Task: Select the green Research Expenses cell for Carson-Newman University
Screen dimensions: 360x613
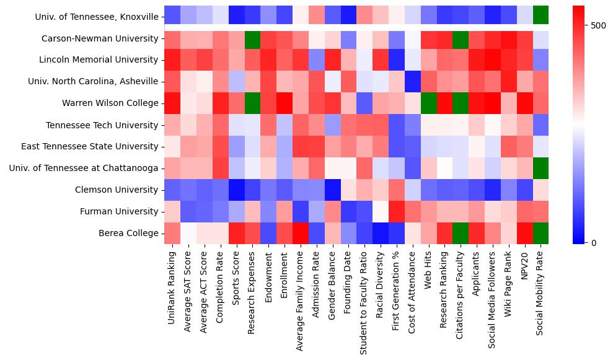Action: tap(252, 38)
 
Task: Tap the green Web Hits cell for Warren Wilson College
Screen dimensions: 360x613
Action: tap(429, 103)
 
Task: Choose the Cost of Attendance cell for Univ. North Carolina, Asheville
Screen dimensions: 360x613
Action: tap(413, 81)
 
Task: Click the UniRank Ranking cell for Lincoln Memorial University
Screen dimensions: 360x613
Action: tap(172, 59)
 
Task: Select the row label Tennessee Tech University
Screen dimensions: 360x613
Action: tap(102, 125)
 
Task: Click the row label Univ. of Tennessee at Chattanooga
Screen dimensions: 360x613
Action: tap(84, 169)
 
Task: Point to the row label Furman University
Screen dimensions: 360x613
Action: tap(119, 212)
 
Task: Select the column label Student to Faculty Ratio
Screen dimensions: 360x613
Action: tap(364, 300)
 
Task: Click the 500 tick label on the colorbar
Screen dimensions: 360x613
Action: tap(599, 25)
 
